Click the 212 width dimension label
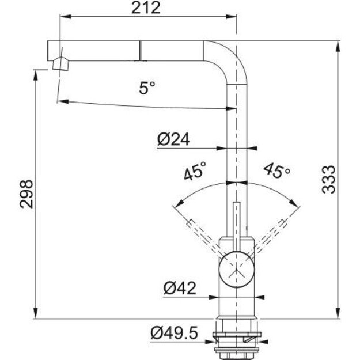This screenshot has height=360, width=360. pos(146,8)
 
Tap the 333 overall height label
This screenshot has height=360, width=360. pos(328,180)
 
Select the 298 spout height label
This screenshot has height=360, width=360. pos(26,194)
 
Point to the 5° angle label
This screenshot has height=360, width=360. pos(147,88)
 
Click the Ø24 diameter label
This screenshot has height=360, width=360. pos(173,139)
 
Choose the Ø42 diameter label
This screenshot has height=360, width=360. pos(180,288)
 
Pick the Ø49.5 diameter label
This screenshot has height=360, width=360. pos(175,333)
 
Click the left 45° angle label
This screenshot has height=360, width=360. pos(195,171)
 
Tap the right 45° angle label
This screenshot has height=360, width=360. pos(277,171)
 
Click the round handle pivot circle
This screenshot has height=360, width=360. pos(237,269)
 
